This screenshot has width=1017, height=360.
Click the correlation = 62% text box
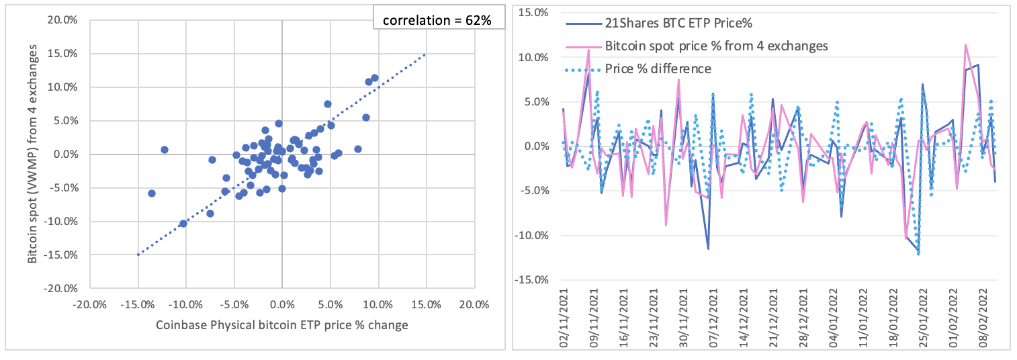pos(437,20)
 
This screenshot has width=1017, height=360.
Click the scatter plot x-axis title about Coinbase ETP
pos(282,326)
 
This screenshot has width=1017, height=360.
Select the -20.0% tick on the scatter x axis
pos(90,305)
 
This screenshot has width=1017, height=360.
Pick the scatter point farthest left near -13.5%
pos(152,193)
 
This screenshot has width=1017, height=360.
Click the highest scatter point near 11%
pos(375,78)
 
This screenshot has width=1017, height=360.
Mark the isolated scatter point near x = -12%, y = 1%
pos(165,150)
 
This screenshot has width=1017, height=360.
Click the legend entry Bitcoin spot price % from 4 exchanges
pos(716,46)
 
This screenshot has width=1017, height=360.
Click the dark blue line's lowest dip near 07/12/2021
pos(707,249)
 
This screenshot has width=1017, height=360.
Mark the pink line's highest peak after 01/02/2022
pos(965,44)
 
